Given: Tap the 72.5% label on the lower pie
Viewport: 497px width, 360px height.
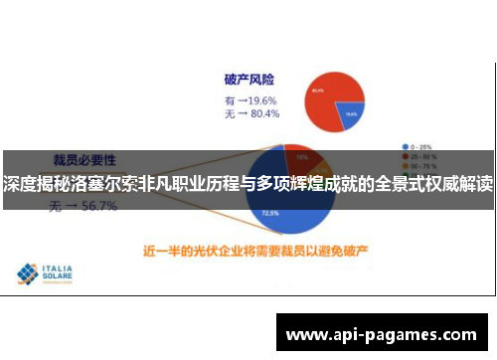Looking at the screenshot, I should click(269, 212).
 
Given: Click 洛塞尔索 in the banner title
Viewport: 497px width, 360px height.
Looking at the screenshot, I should click(98, 185).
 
